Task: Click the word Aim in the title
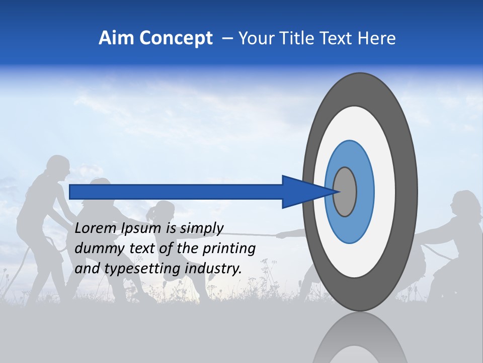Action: (116, 38)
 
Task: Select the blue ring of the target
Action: (364, 192)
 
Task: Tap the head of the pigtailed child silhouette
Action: (164, 211)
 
